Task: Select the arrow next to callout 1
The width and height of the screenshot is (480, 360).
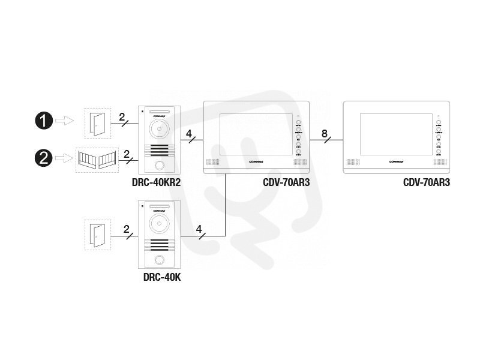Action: coord(64,121)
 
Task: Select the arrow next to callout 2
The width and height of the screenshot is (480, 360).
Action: coord(64,159)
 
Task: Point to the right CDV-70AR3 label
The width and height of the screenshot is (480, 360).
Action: coord(427,182)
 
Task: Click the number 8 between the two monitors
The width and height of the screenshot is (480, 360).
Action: coord(325,133)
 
